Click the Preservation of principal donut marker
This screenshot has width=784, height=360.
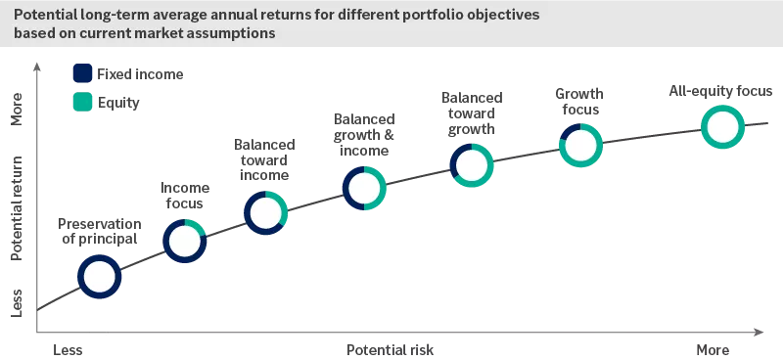click(100, 277)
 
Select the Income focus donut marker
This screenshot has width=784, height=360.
click(184, 241)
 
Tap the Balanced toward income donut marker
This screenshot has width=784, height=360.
click(265, 212)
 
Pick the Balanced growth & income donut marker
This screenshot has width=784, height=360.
click(364, 188)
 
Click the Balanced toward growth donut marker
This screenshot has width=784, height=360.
click(472, 165)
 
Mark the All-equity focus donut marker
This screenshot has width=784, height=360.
click(721, 127)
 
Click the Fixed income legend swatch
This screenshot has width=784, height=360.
click(83, 73)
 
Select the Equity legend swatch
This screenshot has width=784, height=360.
click(83, 101)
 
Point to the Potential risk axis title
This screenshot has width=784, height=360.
click(391, 349)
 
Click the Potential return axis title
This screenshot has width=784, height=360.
click(17, 205)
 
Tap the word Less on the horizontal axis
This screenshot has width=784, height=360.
click(68, 349)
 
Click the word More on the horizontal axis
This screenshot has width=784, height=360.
click(713, 349)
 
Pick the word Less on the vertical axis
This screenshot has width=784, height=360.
click(17, 301)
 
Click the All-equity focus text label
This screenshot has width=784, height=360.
click(720, 92)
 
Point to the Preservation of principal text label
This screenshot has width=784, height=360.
click(98, 230)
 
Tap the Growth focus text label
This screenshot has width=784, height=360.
click(579, 102)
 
